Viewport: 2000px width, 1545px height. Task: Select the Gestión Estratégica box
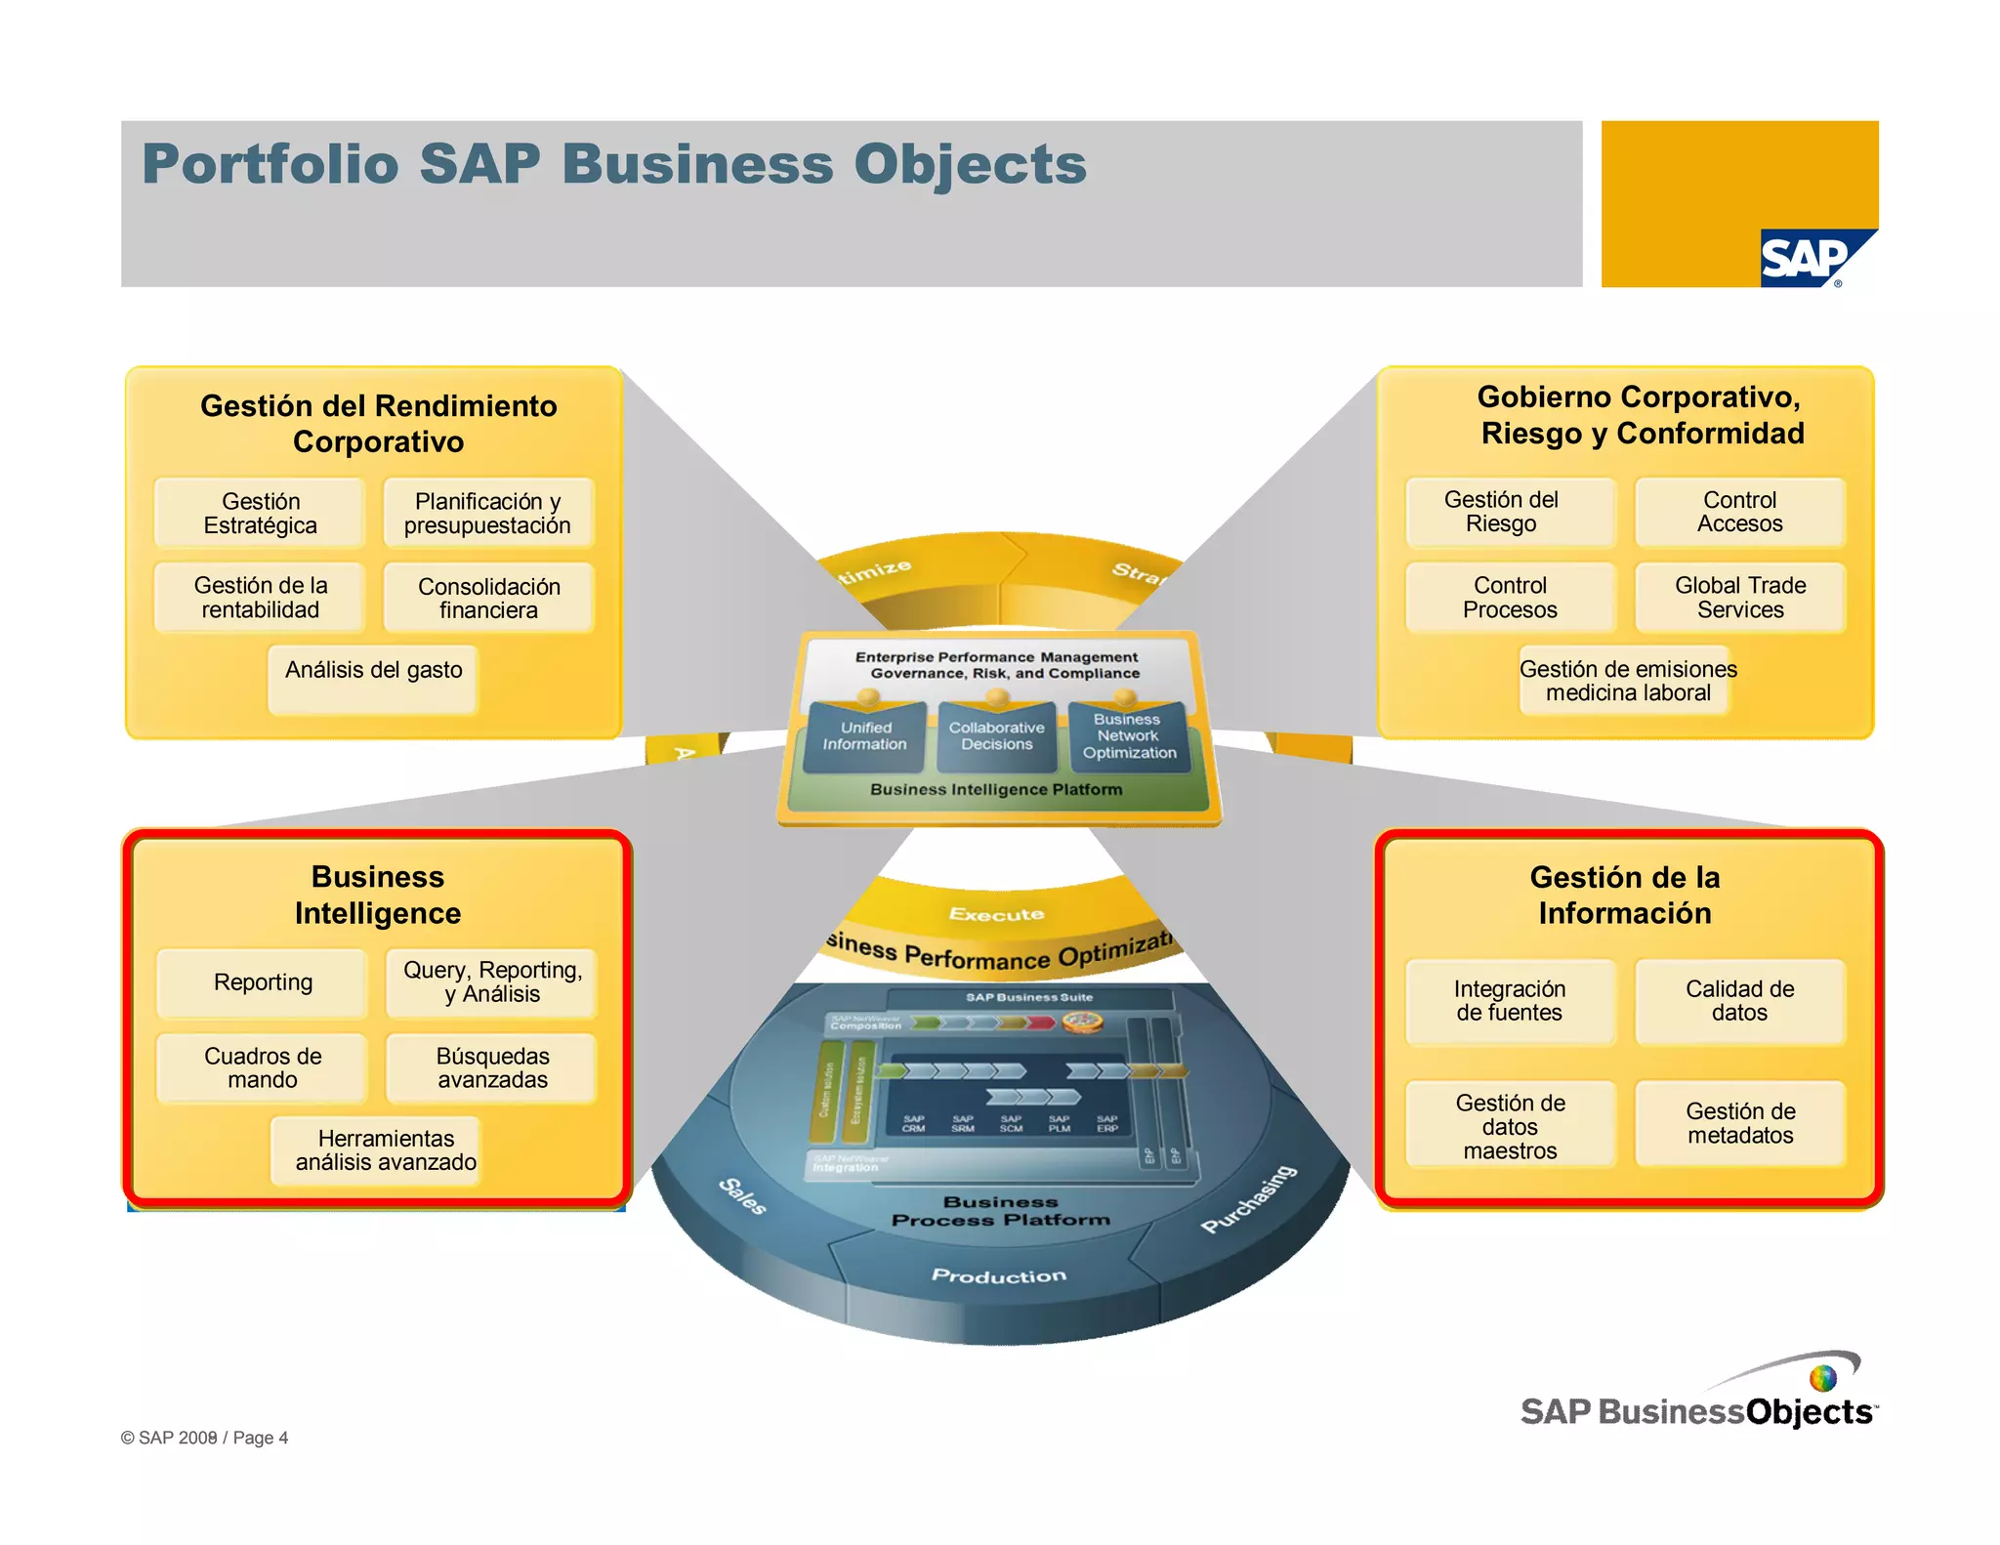pyautogui.click(x=260, y=513)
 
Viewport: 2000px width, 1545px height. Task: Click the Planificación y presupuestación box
pyautogui.click(x=487, y=513)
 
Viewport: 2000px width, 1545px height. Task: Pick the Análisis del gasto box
pyautogui.click(x=373, y=679)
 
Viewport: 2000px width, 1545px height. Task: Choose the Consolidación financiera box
pyautogui.click(x=488, y=598)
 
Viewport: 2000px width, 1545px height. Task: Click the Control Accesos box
pyautogui.click(x=1739, y=512)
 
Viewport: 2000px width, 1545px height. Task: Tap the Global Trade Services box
pyautogui.click(x=1740, y=597)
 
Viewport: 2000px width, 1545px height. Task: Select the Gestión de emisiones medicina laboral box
pyautogui.click(x=1627, y=681)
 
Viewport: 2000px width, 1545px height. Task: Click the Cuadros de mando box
pyautogui.click(x=262, y=1067)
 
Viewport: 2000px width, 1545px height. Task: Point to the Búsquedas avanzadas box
pyautogui.click(x=491, y=1067)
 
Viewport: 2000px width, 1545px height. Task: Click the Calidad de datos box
pyautogui.click(x=1739, y=1001)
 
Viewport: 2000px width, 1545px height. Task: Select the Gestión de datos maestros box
pyautogui.click(x=1510, y=1125)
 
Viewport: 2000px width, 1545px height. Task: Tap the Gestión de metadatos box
pyautogui.click(x=1739, y=1123)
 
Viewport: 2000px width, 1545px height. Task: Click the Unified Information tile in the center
pyautogui.click(x=864, y=736)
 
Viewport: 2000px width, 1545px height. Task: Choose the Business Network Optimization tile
pyautogui.click(x=1128, y=736)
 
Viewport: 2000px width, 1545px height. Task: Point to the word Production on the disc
pyautogui.click(x=998, y=1275)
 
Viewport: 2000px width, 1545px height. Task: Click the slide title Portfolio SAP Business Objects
pyautogui.click(x=613, y=164)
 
